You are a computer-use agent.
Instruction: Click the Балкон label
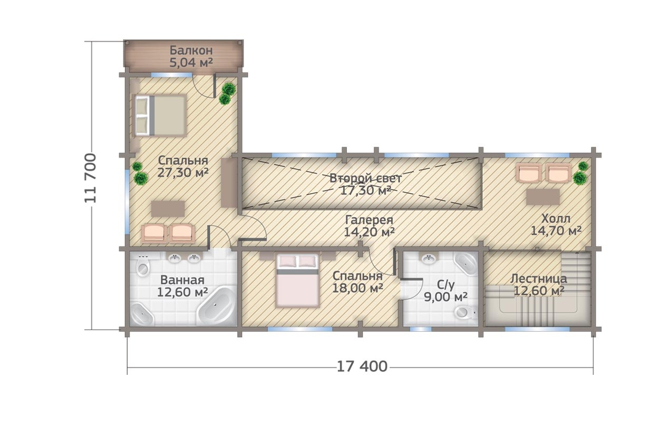click(191, 51)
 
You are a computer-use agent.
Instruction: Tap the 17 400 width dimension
click(362, 366)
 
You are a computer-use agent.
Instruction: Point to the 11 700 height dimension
click(90, 178)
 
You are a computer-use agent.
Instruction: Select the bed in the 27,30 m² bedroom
click(160, 115)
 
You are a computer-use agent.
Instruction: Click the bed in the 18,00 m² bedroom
click(298, 280)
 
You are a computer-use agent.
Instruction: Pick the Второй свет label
click(365, 178)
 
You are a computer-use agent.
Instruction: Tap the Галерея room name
click(369, 220)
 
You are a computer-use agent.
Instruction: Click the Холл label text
click(556, 218)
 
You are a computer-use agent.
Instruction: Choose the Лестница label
click(538, 278)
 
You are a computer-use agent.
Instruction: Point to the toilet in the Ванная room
click(143, 265)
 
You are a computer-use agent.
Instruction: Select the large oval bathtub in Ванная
click(217, 306)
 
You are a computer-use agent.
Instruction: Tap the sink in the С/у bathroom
click(430, 258)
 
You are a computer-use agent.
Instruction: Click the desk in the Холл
click(543, 196)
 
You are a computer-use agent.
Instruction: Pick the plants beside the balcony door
click(227, 93)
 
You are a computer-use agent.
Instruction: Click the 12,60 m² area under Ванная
click(182, 292)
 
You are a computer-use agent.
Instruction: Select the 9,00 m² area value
click(445, 297)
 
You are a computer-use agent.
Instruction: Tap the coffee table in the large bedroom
click(168, 209)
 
